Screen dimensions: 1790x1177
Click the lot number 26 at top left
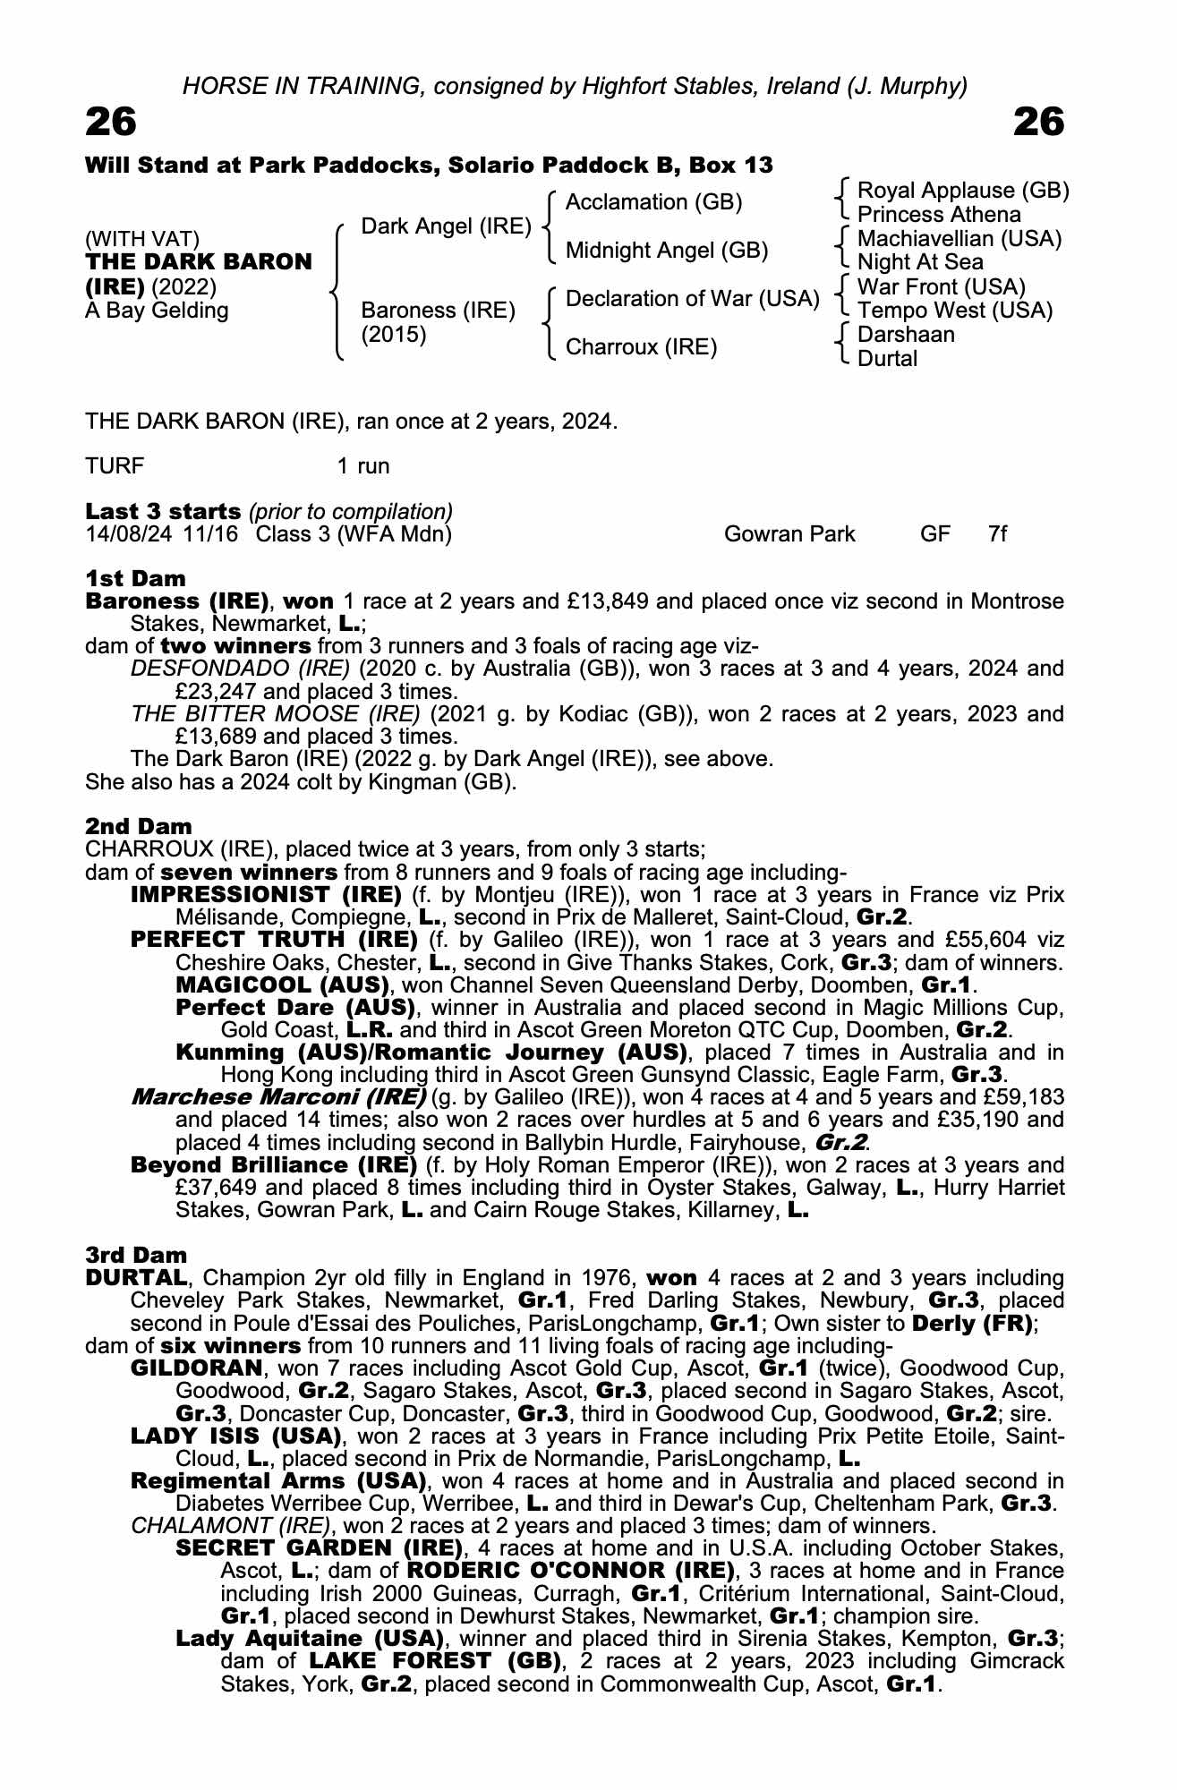[111, 122]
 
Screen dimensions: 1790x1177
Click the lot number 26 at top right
[1038, 122]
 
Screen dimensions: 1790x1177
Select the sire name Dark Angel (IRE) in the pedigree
[446, 226]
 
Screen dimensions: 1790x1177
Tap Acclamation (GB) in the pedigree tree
[653, 202]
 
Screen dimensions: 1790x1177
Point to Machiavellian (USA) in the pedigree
[959, 239]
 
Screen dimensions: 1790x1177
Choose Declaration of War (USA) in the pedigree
[692, 299]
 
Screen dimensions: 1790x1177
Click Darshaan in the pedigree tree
[906, 335]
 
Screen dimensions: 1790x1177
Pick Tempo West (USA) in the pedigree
[954, 311]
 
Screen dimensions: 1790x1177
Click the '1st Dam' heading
[135, 578]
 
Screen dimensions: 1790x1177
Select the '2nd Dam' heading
[138, 826]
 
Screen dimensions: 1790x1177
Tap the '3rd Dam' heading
[136, 1255]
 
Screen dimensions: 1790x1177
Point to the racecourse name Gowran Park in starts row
[789, 534]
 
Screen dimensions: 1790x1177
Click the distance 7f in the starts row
[997, 534]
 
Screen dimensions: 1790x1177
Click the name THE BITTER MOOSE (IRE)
[275, 714]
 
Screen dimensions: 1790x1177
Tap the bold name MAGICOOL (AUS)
[281, 985]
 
